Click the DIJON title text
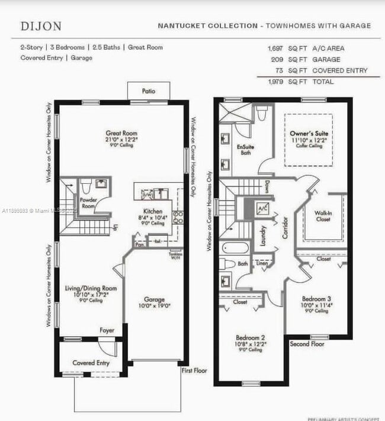pyautogui.click(x=40, y=26)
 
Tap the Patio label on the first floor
pyautogui.click(x=148, y=91)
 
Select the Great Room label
pyautogui.click(x=121, y=133)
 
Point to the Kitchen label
pyautogui.click(x=153, y=211)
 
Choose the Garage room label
pyautogui.click(x=154, y=299)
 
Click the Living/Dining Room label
pyautogui.click(x=91, y=288)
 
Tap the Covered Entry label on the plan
pyautogui.click(x=91, y=362)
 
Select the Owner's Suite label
pyautogui.click(x=309, y=134)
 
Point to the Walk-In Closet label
pyautogui.click(x=322, y=215)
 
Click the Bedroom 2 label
pyautogui.click(x=251, y=337)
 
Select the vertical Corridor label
pyautogui.click(x=285, y=227)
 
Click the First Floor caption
pyautogui.click(x=195, y=371)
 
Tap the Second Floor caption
pyautogui.click(x=307, y=343)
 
